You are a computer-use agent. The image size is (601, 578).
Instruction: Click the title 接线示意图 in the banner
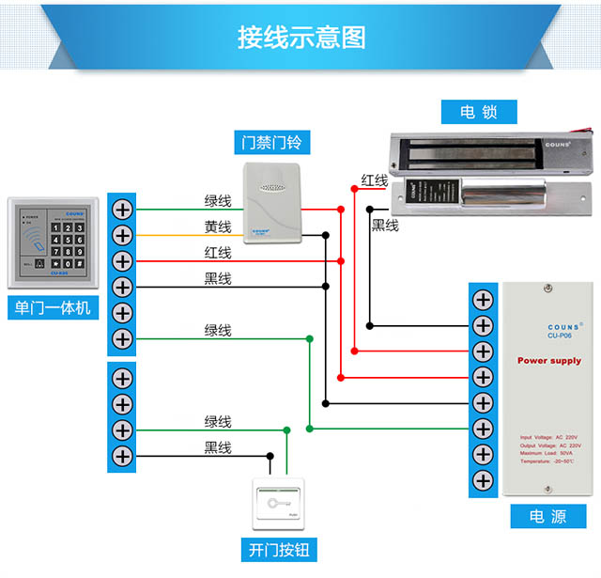(300, 37)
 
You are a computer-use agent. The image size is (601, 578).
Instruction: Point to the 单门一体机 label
(53, 307)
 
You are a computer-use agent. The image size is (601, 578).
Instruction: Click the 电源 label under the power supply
(547, 517)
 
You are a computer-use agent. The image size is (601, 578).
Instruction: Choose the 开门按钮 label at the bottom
(279, 550)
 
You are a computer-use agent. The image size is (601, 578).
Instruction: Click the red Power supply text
(549, 360)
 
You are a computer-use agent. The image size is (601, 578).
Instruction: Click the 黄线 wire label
(218, 227)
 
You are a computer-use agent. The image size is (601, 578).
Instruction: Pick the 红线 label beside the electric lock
(375, 180)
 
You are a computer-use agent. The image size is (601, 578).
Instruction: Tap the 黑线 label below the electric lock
(385, 225)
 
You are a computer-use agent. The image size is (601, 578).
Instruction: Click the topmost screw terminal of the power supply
(483, 300)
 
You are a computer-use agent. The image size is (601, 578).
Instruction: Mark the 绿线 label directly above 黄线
(218, 200)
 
